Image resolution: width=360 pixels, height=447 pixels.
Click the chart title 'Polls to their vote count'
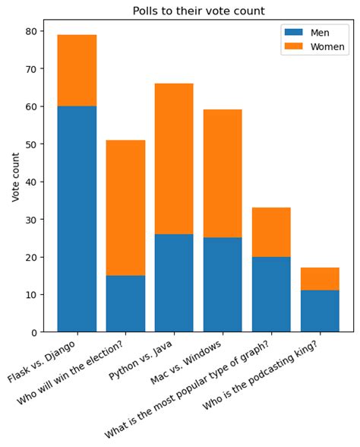click(x=198, y=11)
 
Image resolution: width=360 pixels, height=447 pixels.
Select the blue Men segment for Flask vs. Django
click(x=77, y=219)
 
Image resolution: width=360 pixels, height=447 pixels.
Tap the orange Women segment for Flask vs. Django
click(x=77, y=71)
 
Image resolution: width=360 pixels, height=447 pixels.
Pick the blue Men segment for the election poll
click(x=125, y=303)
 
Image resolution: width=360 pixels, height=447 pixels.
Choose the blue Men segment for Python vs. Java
click(x=174, y=283)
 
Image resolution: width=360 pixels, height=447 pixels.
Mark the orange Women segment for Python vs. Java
click(x=174, y=159)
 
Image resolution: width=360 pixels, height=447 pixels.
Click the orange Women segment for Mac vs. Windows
click(x=223, y=173)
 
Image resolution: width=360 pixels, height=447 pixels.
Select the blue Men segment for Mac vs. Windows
click(x=223, y=284)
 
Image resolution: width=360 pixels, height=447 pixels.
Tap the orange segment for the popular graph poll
click(x=271, y=232)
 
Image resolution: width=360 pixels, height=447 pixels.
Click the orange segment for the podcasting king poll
click(x=320, y=279)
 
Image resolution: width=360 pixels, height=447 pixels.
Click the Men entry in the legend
click(x=320, y=33)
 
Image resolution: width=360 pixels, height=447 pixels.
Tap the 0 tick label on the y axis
click(x=35, y=332)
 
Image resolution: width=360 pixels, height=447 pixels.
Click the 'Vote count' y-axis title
click(x=16, y=176)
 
